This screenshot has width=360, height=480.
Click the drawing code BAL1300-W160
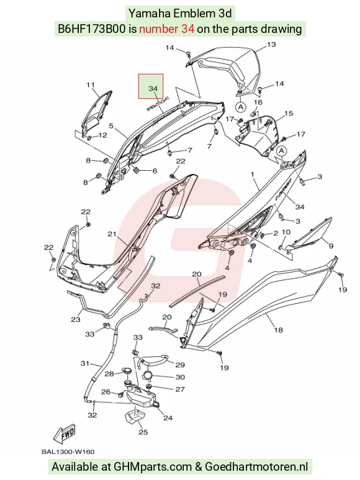tap(68, 451)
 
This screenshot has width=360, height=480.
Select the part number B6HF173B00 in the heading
tap(92, 29)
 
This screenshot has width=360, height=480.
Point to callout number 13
tap(271, 45)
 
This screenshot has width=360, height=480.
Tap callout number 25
tap(143, 432)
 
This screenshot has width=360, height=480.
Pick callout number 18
tap(278, 330)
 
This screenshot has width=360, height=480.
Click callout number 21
tap(112, 234)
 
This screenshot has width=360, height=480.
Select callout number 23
tap(76, 320)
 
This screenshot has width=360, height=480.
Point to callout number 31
tap(84, 364)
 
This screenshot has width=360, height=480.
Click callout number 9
tap(331, 246)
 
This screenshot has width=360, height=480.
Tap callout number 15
tap(289, 114)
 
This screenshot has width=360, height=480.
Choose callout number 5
tap(111, 126)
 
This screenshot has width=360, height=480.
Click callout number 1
tap(253, 174)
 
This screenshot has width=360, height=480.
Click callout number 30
tap(180, 377)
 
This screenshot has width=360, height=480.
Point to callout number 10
tap(286, 232)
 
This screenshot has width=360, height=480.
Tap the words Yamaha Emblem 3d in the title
tap(180, 14)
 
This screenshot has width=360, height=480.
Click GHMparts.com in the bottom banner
tap(153, 467)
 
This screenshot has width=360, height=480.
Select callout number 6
tap(155, 171)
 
